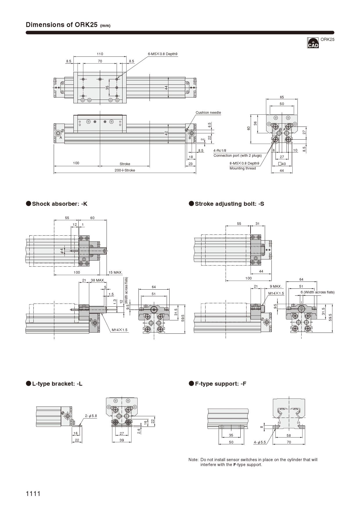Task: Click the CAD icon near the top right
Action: [313, 43]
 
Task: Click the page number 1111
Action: [33, 493]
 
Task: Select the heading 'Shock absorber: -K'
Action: [60, 204]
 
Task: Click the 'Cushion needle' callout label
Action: [208, 113]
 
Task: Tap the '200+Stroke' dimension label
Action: [125, 170]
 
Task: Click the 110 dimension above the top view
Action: [100, 54]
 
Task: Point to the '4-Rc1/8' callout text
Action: [220, 151]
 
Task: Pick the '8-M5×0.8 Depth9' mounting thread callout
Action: [244, 163]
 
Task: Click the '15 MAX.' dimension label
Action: [116, 272]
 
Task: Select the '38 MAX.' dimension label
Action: [98, 280]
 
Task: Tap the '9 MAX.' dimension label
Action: [276, 286]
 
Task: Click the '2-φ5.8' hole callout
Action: [91, 416]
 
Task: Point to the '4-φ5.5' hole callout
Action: [260, 442]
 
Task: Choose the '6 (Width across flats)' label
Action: [317, 292]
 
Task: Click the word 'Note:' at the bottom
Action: [193, 460]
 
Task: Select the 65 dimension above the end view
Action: [282, 97]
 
